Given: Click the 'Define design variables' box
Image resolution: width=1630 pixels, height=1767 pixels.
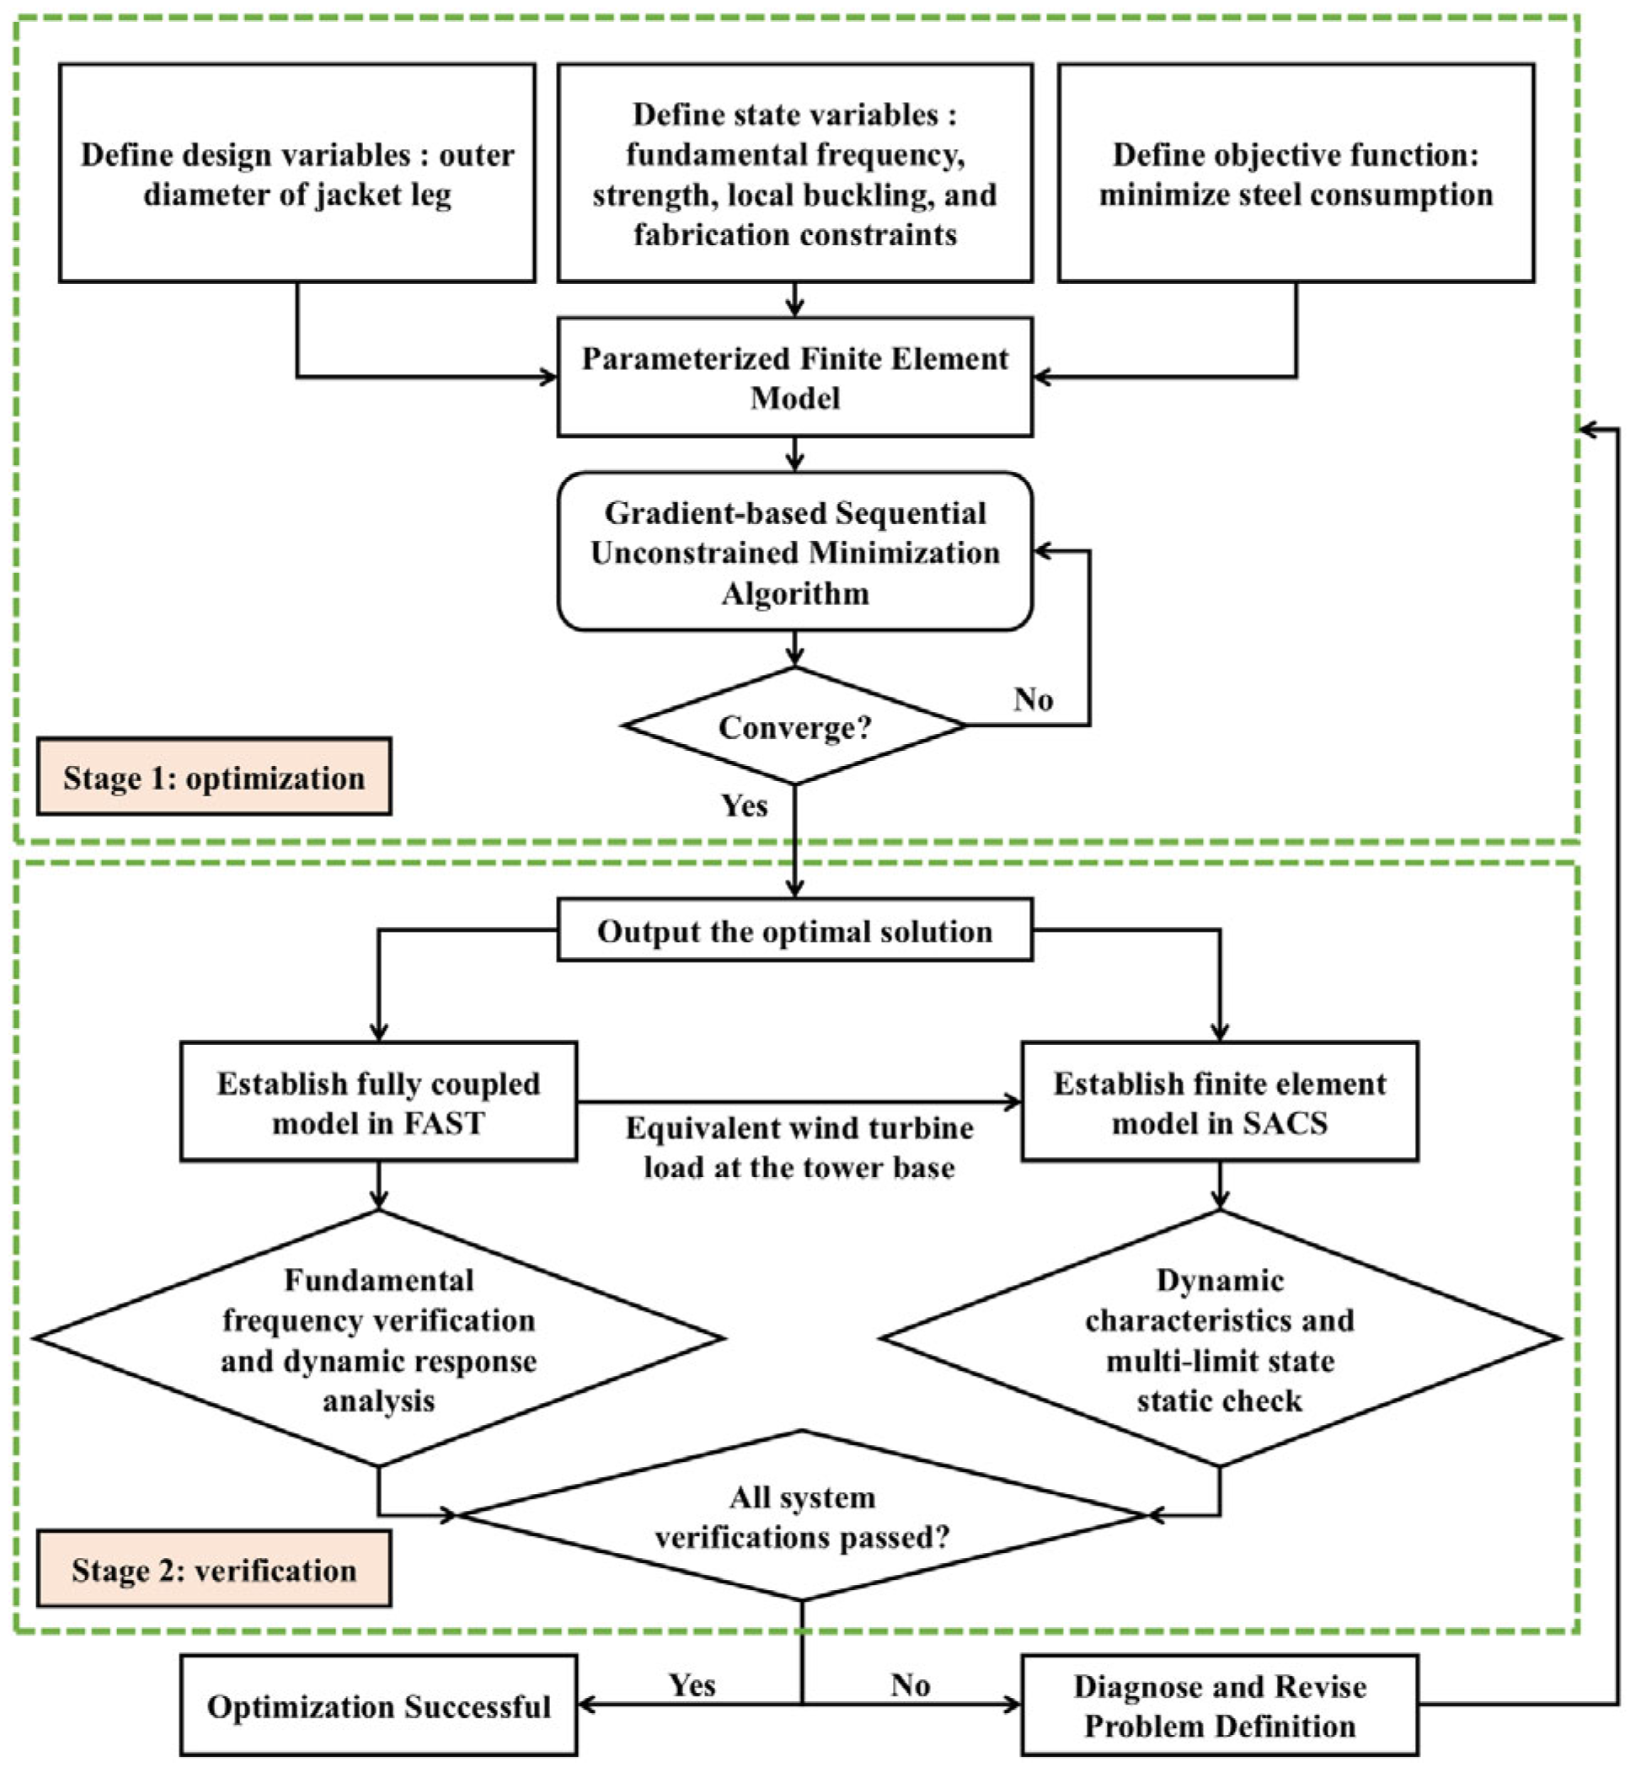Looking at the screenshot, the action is point(297,173).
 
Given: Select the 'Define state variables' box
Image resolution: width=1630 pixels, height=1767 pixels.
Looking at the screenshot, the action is point(794,173).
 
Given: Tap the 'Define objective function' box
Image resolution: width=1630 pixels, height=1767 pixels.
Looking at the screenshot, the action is point(1296,173).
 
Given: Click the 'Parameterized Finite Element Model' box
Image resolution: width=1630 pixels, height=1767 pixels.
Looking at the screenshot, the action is point(794,377).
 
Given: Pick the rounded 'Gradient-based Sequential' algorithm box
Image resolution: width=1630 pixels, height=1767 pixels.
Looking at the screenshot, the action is point(794,551).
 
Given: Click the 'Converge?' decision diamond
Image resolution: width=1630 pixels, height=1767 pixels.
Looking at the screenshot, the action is point(794,726).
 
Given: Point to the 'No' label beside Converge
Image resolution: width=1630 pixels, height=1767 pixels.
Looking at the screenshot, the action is point(1033,699).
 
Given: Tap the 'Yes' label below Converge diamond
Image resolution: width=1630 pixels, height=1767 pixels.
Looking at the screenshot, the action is point(745,806).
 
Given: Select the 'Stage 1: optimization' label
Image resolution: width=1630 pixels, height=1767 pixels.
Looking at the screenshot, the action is point(214,776).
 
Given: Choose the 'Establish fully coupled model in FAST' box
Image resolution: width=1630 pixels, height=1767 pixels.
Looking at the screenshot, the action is point(378,1101).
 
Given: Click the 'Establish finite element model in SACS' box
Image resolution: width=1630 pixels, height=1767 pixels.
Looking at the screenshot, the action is point(1220,1101).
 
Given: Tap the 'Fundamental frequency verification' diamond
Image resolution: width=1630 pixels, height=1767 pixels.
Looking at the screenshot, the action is point(378,1338).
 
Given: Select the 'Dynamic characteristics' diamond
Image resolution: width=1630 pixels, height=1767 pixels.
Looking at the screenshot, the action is point(1220,1338).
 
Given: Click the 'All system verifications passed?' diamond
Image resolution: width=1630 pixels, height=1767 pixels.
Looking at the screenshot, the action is point(802,1516).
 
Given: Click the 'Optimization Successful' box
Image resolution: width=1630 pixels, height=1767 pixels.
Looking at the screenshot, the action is point(378,1705).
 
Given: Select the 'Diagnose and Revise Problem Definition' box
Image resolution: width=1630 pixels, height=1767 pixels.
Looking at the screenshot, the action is point(1220,1705).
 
